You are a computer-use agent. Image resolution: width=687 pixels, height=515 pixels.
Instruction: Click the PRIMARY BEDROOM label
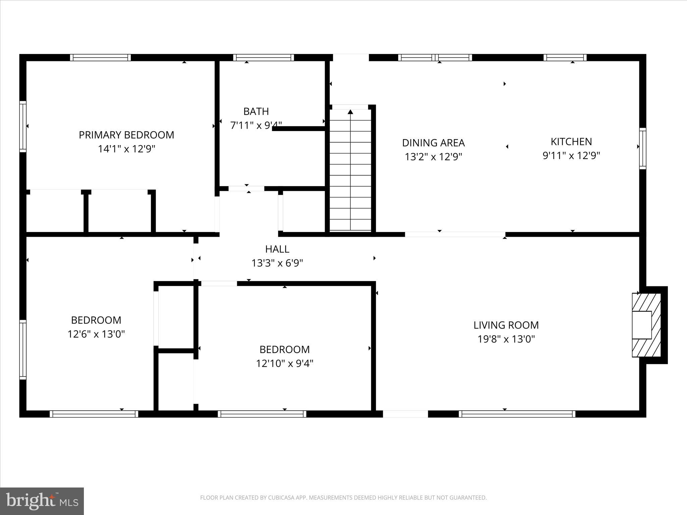pos(126,135)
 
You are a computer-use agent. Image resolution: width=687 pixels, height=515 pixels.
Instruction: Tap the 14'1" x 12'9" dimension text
pos(126,149)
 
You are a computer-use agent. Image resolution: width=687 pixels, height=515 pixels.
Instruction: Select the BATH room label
pos(256,111)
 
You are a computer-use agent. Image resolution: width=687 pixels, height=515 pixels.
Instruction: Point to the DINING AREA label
pos(433,143)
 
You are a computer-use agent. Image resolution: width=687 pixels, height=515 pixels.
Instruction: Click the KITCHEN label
pos(571,141)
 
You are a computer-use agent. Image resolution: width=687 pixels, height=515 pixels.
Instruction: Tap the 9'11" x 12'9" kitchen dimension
pos(571,156)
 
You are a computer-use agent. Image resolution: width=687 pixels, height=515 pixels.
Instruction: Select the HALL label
pos(277,249)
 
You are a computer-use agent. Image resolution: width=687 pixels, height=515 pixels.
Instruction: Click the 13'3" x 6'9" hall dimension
pos(277,263)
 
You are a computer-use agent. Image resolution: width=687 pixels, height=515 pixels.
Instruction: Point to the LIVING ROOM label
pos(506,325)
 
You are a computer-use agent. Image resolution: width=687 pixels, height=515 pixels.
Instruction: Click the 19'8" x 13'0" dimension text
pos(506,339)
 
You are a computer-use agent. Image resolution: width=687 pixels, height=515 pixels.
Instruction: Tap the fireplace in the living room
pos(646,325)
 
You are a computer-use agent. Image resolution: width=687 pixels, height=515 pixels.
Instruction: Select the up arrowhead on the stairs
pos(351,112)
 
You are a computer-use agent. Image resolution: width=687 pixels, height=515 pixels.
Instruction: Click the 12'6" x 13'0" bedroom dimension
pos(96,334)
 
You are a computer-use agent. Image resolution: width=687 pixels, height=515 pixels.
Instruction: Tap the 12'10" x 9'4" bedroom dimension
pos(284,363)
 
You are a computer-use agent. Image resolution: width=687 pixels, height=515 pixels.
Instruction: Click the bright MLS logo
pos(42,501)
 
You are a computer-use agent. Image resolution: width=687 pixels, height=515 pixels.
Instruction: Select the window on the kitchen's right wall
pos(642,148)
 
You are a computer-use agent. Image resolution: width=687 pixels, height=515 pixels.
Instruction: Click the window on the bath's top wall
pos(263,57)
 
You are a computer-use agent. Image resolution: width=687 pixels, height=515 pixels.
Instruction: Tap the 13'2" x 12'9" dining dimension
pos(433,157)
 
